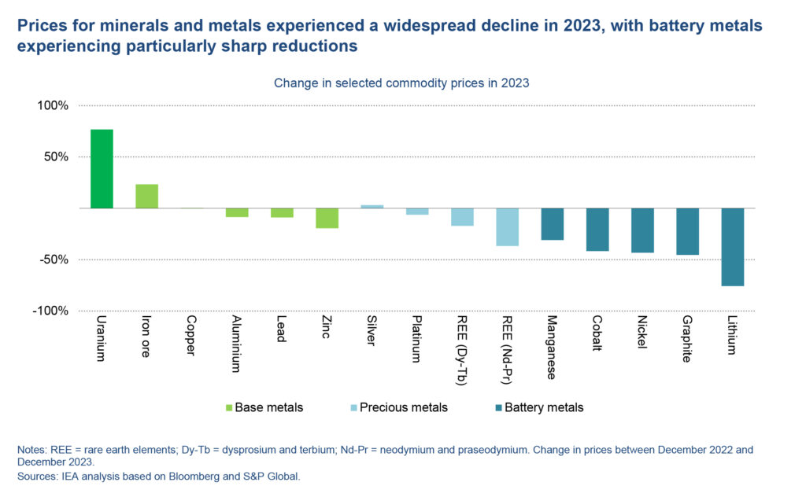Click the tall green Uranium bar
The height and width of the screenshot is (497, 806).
click(102, 168)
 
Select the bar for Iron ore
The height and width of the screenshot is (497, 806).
click(146, 196)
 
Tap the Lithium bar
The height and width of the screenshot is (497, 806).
click(733, 247)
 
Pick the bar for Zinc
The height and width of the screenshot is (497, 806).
click(327, 218)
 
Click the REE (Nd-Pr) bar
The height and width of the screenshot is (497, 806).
click(507, 226)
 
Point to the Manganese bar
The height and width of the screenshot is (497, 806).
click(553, 224)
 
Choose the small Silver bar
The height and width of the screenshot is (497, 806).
click(372, 206)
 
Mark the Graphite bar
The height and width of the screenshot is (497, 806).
click(688, 231)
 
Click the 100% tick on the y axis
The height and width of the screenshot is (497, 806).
click(53, 105)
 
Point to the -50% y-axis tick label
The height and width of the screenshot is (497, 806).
click(54, 260)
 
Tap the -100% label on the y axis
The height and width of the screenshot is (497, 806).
click(51, 311)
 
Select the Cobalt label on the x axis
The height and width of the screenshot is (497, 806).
click(597, 333)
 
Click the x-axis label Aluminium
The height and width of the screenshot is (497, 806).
click(236, 344)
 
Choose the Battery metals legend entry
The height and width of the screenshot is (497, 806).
click(538, 407)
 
